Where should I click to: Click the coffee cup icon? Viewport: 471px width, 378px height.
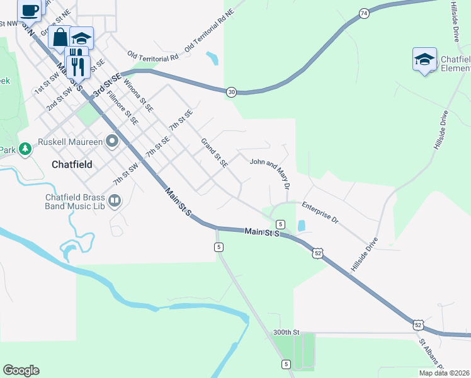29,9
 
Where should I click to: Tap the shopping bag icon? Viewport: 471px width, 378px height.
60,37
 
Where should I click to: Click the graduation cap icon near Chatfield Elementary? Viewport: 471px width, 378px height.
424,59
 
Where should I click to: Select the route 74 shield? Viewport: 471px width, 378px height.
364,13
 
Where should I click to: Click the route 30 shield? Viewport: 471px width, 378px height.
232,93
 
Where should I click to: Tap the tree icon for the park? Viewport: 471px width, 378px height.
25,149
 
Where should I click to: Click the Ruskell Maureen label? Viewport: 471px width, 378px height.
69,142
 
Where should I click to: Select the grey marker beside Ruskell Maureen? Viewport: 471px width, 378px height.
113,140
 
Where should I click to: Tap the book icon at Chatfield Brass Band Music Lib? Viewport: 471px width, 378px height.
115,201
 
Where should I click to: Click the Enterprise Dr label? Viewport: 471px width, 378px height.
321,213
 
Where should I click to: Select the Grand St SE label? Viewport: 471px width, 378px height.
214,153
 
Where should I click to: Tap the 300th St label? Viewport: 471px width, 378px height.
285,332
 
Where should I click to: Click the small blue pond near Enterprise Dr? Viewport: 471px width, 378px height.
301,225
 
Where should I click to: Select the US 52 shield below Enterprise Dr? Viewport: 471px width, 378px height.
319,253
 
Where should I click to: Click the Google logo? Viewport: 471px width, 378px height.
21,370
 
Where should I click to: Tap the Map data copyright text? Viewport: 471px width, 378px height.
444,373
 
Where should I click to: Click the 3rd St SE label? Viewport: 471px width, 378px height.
106,86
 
